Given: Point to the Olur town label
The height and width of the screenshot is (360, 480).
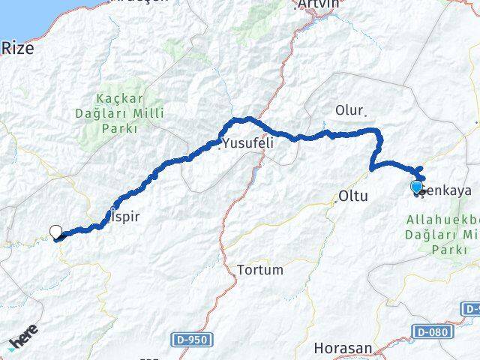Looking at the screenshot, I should (x=348, y=110).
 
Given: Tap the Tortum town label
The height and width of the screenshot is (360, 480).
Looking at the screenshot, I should (x=259, y=269).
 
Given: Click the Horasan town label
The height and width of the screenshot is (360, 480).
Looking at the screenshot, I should (x=343, y=348).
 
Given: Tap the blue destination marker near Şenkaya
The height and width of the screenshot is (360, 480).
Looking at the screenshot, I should (x=417, y=187).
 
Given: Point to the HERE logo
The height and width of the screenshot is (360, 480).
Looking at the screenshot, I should (x=24, y=340).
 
